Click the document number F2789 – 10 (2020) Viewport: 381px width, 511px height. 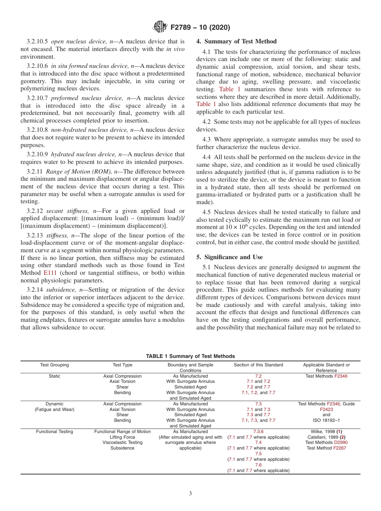coord(200,28)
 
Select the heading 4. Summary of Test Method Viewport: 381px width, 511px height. coord(236,41)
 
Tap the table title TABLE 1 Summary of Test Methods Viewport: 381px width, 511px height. coord(190,356)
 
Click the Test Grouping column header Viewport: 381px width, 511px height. coord(55,365)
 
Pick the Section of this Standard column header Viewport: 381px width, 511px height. coord(258,365)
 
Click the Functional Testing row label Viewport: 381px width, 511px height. coord(55,431)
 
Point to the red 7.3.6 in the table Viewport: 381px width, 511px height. coord(258,431)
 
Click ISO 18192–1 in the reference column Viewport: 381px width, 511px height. coord(326,420)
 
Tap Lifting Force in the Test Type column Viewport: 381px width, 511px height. coord(122,437)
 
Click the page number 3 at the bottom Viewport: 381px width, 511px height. coord(190,494)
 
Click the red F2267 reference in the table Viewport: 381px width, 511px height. coord(340,448)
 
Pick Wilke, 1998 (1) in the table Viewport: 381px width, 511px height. coord(326,431)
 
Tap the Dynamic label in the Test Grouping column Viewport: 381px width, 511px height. coord(55,404)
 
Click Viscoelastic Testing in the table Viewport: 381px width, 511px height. coord(122,442)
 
